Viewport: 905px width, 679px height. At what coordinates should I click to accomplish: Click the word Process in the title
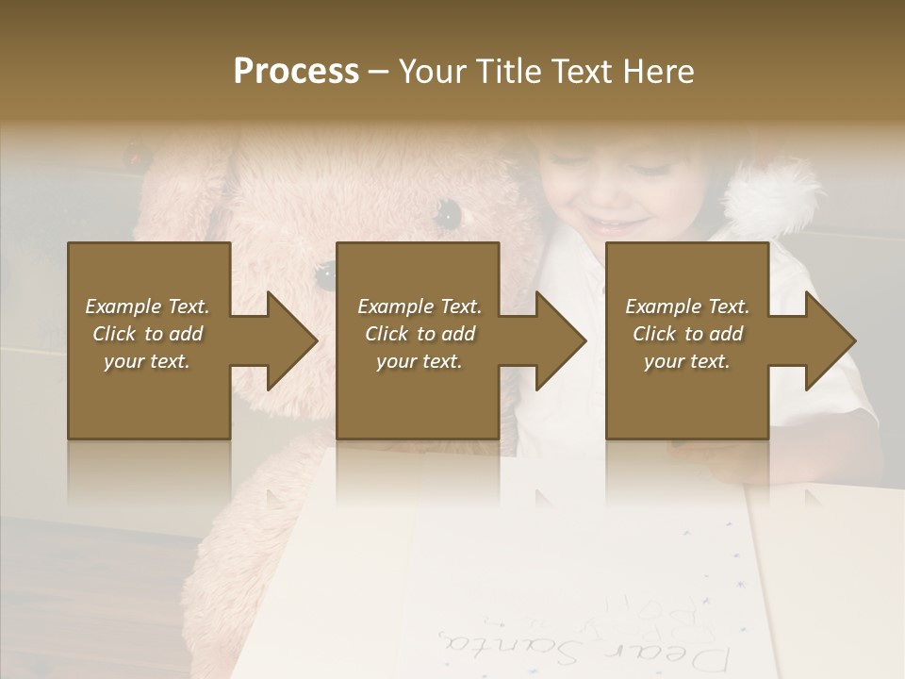click(296, 72)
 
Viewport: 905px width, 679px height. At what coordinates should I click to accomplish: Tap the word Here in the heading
click(659, 72)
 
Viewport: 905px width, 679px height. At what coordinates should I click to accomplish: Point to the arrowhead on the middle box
click(560, 340)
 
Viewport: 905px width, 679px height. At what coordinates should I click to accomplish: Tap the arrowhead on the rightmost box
click(830, 340)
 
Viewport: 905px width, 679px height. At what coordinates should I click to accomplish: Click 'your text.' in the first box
click(147, 361)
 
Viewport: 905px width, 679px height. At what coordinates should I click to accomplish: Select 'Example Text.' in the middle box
click(420, 306)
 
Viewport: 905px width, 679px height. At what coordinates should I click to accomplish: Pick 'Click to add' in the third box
click(687, 334)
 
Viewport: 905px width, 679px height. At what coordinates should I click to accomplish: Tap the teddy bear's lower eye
click(326, 274)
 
